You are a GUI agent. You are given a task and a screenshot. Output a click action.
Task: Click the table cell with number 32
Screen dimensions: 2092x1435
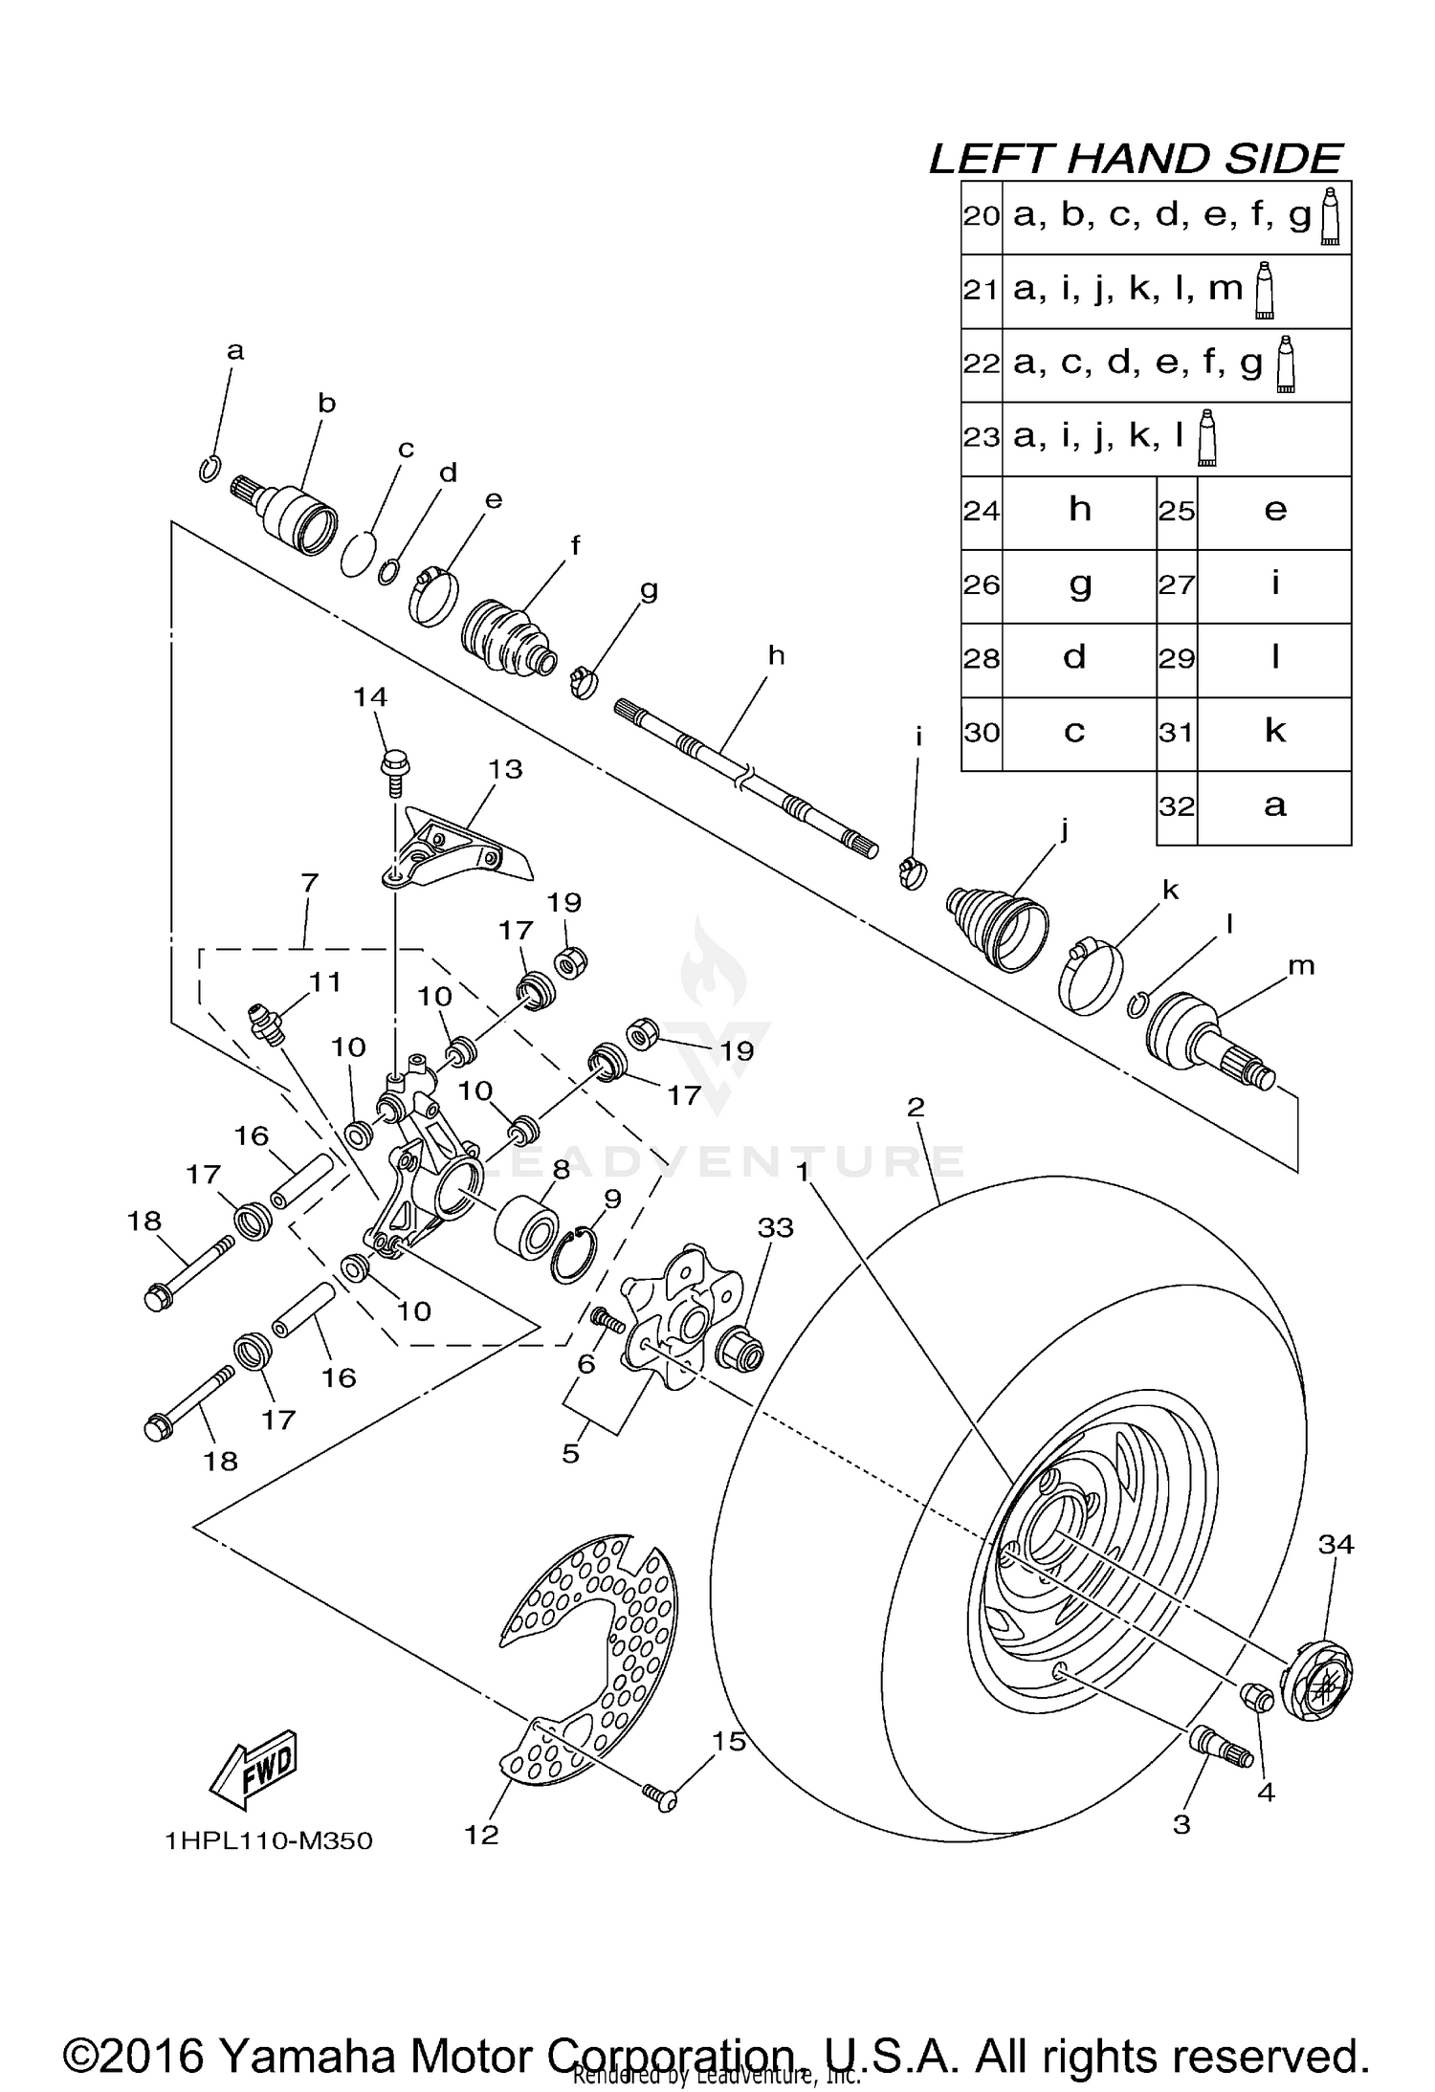(1177, 806)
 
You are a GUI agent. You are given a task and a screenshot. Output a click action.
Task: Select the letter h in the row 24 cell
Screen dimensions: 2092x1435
(1079, 510)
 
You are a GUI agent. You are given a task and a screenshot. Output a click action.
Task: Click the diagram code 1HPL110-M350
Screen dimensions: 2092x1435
(269, 1840)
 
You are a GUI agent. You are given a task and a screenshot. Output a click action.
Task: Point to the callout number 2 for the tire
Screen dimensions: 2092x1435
(916, 1107)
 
